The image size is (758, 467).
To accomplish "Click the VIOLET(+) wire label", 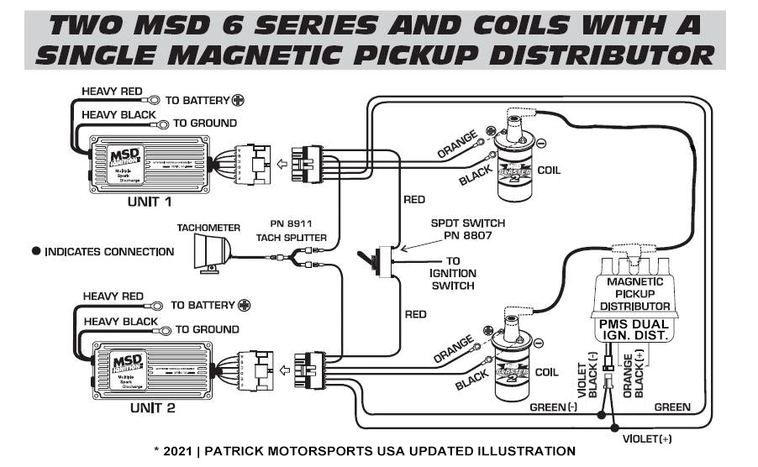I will (x=645, y=438).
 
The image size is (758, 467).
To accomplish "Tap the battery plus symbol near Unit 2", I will (x=245, y=306).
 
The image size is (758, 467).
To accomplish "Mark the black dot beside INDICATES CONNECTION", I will (x=36, y=251).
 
